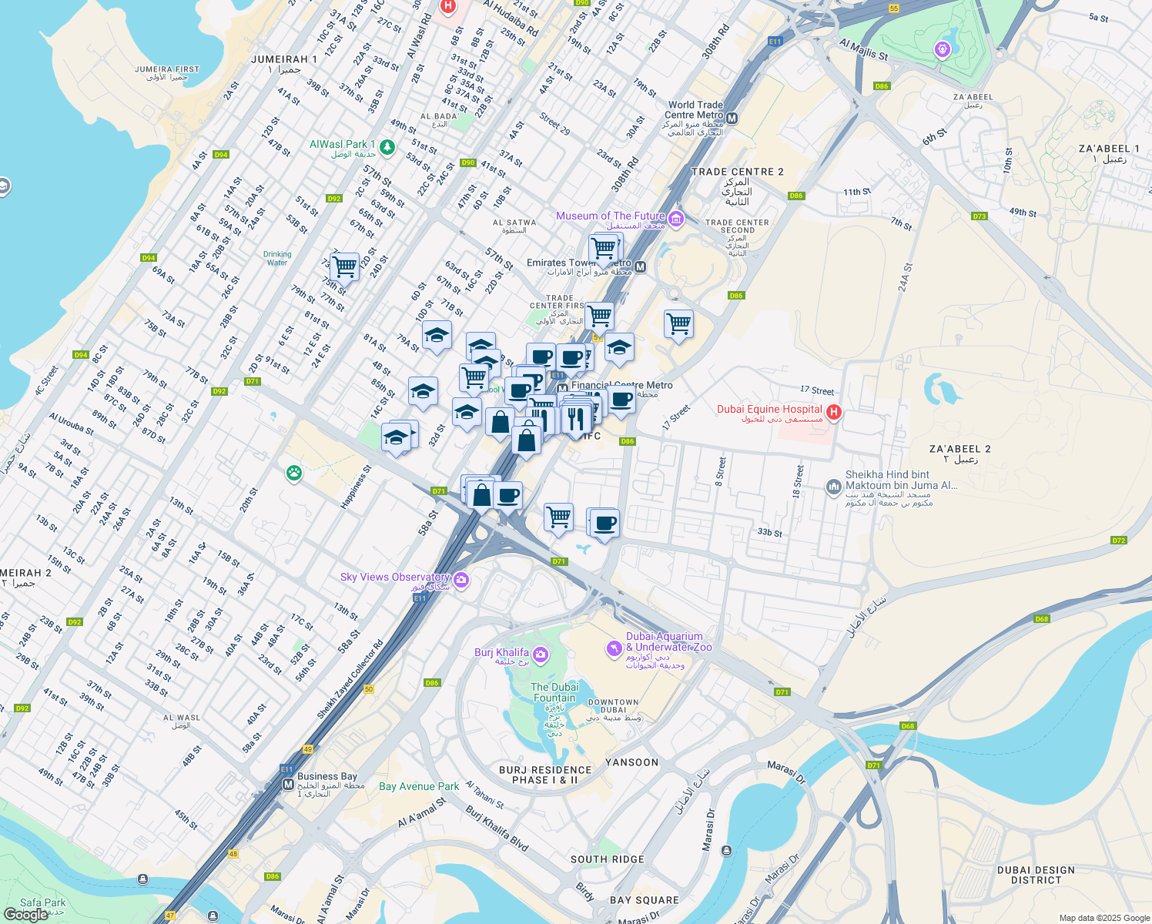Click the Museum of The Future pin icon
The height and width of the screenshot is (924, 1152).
676,219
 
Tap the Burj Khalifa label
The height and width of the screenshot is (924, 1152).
501,653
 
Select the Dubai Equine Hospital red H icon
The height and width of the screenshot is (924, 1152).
833,413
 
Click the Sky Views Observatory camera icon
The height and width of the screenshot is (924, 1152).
461,580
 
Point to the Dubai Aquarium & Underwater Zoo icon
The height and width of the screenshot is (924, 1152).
614,648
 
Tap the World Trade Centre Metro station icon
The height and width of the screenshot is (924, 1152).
732,119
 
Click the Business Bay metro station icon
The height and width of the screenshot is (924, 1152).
288,785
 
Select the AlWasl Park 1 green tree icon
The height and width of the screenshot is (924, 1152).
387,146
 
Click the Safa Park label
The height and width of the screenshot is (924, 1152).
43,902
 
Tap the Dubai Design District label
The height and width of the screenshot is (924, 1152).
1036,875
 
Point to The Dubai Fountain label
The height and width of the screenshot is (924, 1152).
554,692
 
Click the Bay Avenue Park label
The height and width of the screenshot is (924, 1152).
419,786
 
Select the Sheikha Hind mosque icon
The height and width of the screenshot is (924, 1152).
833,487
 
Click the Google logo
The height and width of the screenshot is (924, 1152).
25,914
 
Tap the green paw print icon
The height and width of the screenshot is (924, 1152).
293,473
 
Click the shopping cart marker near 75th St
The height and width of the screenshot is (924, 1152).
344,267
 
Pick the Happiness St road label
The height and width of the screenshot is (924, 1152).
356,487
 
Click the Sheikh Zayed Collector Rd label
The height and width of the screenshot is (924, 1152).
350,680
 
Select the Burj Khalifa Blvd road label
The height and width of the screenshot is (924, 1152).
497,829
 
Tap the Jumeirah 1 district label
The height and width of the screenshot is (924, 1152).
284,59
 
